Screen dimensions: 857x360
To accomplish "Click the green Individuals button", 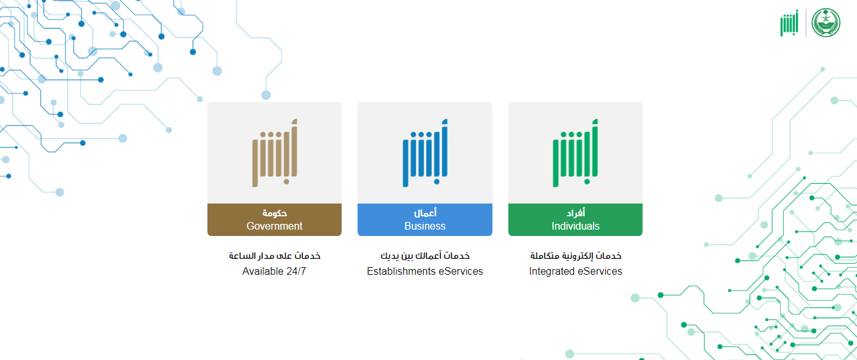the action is tap(575, 219).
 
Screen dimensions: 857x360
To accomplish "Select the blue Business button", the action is tap(424, 219).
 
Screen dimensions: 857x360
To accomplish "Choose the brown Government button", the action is tap(274, 219).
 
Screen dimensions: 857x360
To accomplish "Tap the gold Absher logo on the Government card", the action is tap(275, 153).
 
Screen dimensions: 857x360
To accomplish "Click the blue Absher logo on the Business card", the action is tap(425, 153).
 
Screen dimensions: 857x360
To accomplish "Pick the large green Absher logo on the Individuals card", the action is tap(575, 153).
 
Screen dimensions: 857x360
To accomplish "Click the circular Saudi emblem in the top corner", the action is tap(826, 23).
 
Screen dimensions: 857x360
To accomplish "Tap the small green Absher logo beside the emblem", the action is tap(790, 23).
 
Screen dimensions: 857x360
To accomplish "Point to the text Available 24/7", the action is tap(274, 271).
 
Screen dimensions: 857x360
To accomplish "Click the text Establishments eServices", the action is tap(424, 271).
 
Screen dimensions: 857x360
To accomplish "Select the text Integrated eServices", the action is tap(575, 271).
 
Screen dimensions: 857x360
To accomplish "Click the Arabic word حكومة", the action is tap(274, 213).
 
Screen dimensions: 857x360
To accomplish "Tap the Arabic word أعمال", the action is tap(425, 212).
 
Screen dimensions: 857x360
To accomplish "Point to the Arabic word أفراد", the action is tap(575, 212).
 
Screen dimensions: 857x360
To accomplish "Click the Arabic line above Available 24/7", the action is tap(274, 256).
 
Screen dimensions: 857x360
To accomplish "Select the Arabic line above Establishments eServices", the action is tap(424, 256).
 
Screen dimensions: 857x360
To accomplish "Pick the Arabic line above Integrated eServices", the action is tap(575, 256).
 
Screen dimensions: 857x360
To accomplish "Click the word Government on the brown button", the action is tap(274, 226).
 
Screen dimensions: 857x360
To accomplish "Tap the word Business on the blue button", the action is tap(424, 226).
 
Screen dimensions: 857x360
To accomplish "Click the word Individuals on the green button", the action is tap(575, 226).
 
